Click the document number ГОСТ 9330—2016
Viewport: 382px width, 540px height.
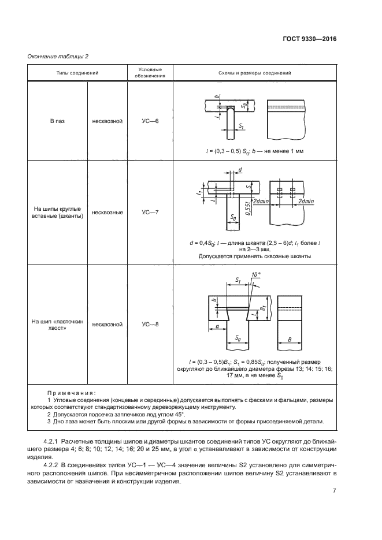click(x=309, y=39)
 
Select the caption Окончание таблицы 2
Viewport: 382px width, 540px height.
click(x=58, y=56)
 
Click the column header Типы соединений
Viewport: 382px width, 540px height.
click(x=77, y=73)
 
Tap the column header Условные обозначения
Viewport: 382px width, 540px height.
click(x=150, y=73)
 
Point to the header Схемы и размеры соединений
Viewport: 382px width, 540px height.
click(x=255, y=73)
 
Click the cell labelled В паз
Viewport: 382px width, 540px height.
click(x=58, y=121)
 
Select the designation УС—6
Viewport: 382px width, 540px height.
click(x=150, y=121)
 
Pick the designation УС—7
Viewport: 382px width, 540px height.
click(x=150, y=212)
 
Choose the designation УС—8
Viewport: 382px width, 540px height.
click(x=150, y=325)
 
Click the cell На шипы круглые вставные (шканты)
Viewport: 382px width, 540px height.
click(x=58, y=213)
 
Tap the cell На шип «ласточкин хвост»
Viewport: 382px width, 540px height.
click(x=58, y=325)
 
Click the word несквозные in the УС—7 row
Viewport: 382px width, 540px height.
click(x=107, y=213)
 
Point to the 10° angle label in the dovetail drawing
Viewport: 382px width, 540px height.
click(x=256, y=274)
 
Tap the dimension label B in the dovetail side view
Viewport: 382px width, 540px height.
click(x=290, y=340)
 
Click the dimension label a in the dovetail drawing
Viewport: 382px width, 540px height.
click(x=217, y=325)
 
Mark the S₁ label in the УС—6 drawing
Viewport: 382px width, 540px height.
click(x=242, y=126)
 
